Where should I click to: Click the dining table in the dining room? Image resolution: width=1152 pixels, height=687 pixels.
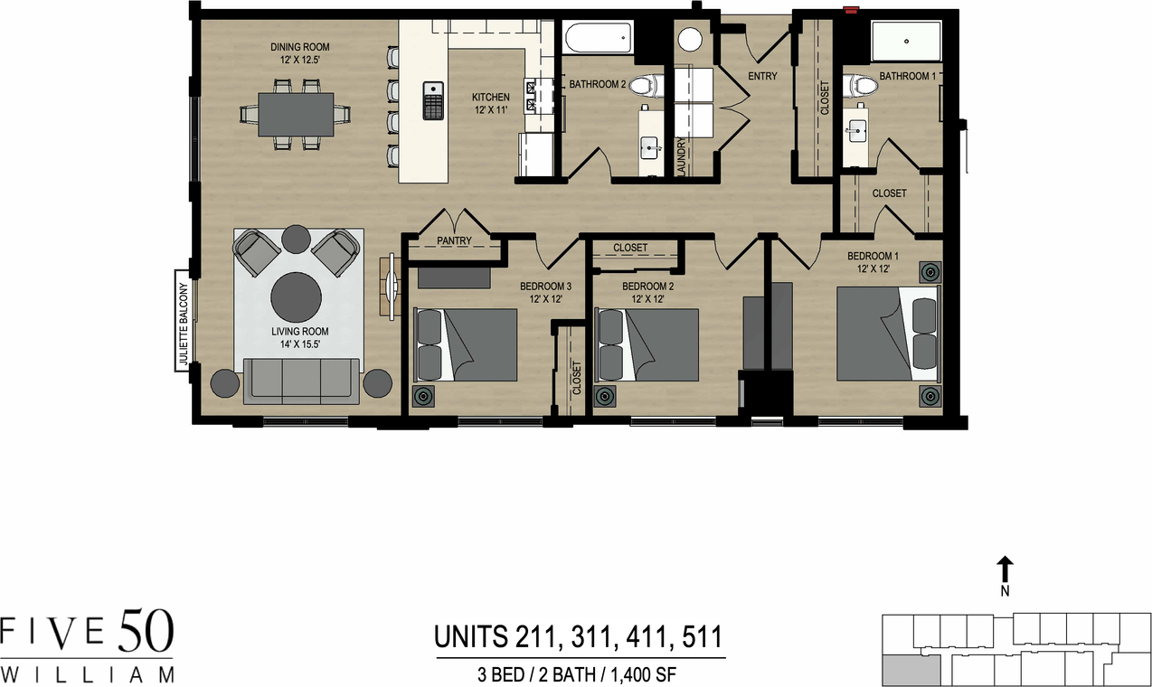pyautogui.click(x=296, y=114)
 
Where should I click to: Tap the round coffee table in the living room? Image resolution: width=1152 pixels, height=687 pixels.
pyautogui.click(x=296, y=296)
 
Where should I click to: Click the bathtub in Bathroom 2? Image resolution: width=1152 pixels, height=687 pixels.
pyautogui.click(x=598, y=40)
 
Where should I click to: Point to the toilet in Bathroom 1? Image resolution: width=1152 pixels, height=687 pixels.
pyautogui.click(x=862, y=87)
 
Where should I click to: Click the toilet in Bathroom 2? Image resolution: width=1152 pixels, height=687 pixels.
pyautogui.click(x=645, y=87)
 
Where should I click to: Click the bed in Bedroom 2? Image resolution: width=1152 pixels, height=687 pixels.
pyautogui.click(x=647, y=344)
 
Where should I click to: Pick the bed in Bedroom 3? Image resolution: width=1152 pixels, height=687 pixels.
pyautogui.click(x=466, y=344)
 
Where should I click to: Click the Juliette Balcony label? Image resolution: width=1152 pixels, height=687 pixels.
pyautogui.click(x=183, y=324)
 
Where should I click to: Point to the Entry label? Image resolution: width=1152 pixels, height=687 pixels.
pyautogui.click(x=762, y=76)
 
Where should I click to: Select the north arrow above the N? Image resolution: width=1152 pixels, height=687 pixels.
pyautogui.click(x=1005, y=569)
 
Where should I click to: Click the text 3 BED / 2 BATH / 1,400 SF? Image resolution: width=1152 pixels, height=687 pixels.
pyautogui.click(x=580, y=674)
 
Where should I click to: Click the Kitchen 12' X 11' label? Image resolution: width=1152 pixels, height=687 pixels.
pyautogui.click(x=490, y=103)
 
